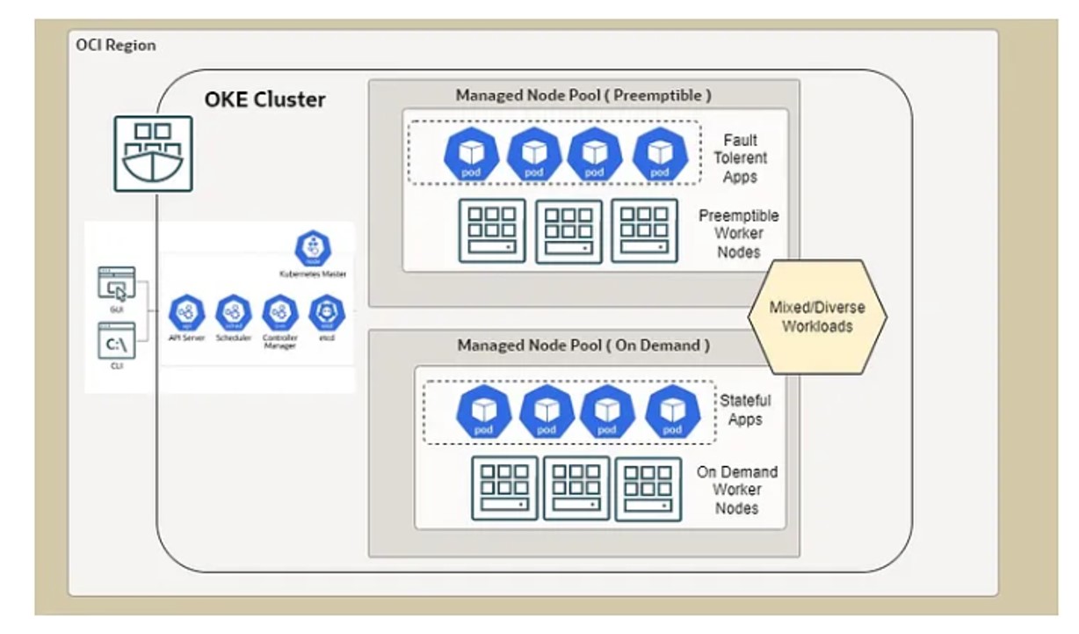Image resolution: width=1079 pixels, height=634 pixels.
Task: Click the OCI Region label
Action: coord(116,45)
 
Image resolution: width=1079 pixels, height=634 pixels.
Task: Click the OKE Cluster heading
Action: coord(264,99)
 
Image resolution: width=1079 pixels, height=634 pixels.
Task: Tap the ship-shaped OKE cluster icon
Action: coord(153,153)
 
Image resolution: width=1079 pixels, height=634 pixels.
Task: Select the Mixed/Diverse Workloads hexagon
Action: coord(816,317)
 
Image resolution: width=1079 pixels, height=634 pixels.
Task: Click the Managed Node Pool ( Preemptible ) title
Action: coord(583,95)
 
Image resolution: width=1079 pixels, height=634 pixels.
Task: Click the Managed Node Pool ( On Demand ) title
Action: coord(583,346)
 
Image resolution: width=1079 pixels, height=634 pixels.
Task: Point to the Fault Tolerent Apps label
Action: coord(740,158)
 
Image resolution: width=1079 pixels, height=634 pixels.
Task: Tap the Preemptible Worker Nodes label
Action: coord(738,234)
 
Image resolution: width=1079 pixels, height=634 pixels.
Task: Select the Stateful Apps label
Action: coord(745,410)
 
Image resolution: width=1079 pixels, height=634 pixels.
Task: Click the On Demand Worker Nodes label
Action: coord(736,490)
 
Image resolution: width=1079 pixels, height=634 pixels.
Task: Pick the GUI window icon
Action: coord(116,285)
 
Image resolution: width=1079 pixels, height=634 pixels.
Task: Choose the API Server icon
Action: coord(186,312)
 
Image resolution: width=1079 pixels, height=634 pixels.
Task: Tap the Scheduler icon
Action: coord(233,312)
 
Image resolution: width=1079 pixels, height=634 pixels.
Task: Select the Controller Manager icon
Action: coord(280,312)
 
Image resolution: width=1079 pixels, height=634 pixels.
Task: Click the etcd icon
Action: coord(327,312)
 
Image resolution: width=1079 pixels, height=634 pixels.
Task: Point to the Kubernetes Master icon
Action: coord(313,249)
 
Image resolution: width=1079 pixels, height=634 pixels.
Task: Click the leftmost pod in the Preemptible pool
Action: coord(472,155)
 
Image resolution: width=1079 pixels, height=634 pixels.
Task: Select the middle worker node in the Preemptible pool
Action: coord(568,231)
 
